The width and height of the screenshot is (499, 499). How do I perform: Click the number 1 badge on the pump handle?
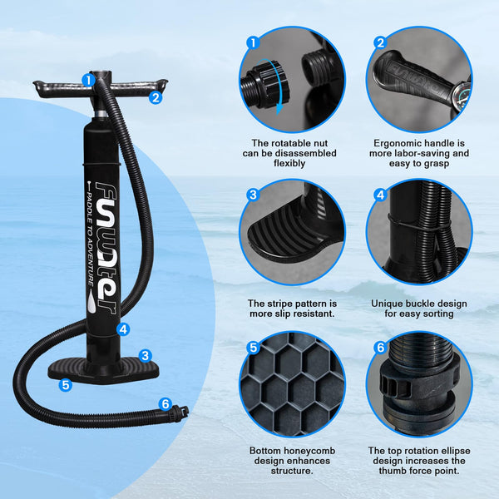tap(88, 80)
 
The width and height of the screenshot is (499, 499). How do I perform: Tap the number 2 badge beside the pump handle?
tap(155, 96)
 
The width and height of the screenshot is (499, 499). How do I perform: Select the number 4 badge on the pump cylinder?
tap(123, 329)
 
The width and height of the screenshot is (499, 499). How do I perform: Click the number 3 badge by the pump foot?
tap(145, 355)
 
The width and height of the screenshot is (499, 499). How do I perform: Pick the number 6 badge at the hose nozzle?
tap(165, 404)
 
